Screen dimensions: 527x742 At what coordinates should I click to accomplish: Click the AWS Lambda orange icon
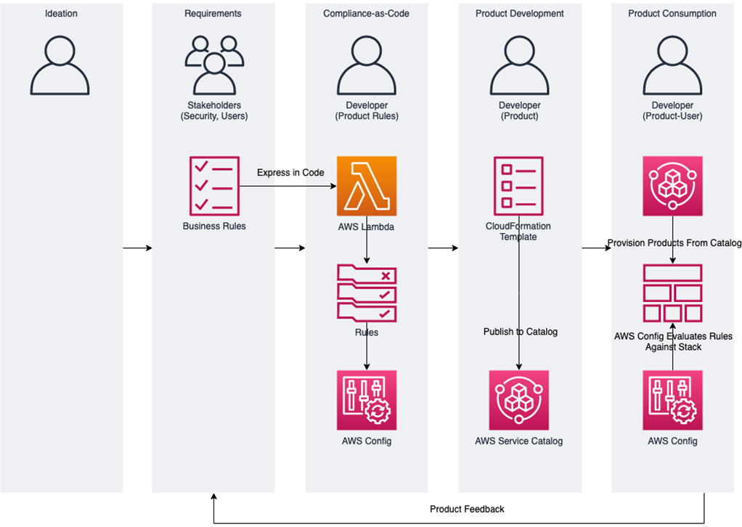click(367, 186)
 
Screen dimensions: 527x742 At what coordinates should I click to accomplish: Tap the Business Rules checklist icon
click(213, 186)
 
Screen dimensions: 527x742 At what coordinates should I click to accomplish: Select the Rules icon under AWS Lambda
click(367, 293)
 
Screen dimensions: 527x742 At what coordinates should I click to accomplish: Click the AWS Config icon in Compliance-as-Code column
click(367, 400)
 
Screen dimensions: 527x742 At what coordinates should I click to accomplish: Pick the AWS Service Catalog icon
click(518, 400)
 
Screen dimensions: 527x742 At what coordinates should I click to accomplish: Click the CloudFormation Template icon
click(518, 186)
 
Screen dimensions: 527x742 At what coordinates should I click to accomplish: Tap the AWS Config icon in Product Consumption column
click(672, 400)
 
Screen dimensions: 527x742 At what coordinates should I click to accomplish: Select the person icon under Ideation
click(61, 66)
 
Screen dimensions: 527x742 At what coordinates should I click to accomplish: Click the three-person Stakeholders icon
click(213, 65)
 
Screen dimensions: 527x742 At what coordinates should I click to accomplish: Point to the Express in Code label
click(290, 173)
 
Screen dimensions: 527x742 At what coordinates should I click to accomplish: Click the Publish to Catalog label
click(521, 332)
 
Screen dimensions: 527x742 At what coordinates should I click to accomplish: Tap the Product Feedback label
click(467, 509)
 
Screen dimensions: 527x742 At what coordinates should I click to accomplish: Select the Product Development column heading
click(519, 14)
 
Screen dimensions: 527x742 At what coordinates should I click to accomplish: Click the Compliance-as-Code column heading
click(366, 14)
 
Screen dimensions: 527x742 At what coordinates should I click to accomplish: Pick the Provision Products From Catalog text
click(674, 243)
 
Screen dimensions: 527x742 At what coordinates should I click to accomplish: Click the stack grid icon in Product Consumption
click(672, 293)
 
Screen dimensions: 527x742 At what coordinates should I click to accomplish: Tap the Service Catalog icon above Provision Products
click(672, 186)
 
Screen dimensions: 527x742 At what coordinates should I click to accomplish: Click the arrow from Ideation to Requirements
click(137, 248)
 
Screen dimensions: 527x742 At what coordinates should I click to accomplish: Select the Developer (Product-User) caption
click(672, 111)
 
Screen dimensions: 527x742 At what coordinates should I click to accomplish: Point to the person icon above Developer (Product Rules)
click(367, 66)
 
